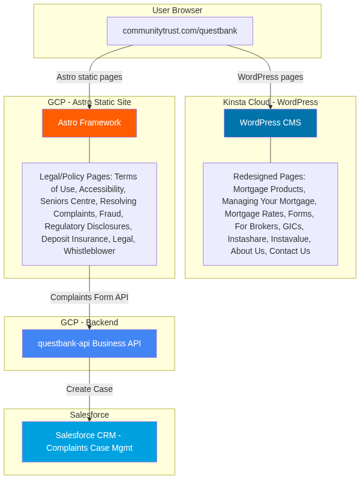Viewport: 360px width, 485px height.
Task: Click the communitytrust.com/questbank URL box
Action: point(179,31)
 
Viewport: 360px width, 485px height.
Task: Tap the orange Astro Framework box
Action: point(89,123)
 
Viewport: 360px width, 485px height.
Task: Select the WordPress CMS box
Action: point(271,123)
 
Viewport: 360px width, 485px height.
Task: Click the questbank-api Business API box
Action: point(89,343)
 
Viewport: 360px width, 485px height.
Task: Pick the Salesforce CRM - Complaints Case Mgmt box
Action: point(89,442)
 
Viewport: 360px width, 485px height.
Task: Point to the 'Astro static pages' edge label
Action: point(89,77)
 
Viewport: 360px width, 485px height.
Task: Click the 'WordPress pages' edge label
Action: point(271,77)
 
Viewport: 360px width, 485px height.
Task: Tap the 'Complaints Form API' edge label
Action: point(89,297)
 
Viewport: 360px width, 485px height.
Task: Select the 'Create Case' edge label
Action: point(89,389)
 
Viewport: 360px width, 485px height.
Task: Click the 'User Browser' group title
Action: point(177,10)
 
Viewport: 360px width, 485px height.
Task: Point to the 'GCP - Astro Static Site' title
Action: point(89,102)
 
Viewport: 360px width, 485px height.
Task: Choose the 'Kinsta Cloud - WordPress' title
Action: point(271,102)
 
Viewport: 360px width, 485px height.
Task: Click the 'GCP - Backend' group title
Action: point(89,322)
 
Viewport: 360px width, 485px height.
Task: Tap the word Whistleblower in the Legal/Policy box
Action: point(89,251)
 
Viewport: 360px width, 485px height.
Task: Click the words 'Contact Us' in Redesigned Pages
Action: point(290,251)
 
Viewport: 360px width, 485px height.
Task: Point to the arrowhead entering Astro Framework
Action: point(89,107)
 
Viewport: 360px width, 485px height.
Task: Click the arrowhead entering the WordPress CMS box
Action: point(271,107)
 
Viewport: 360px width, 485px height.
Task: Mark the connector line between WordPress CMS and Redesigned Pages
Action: point(271,150)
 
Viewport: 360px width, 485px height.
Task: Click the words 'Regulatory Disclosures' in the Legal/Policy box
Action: point(88,226)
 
